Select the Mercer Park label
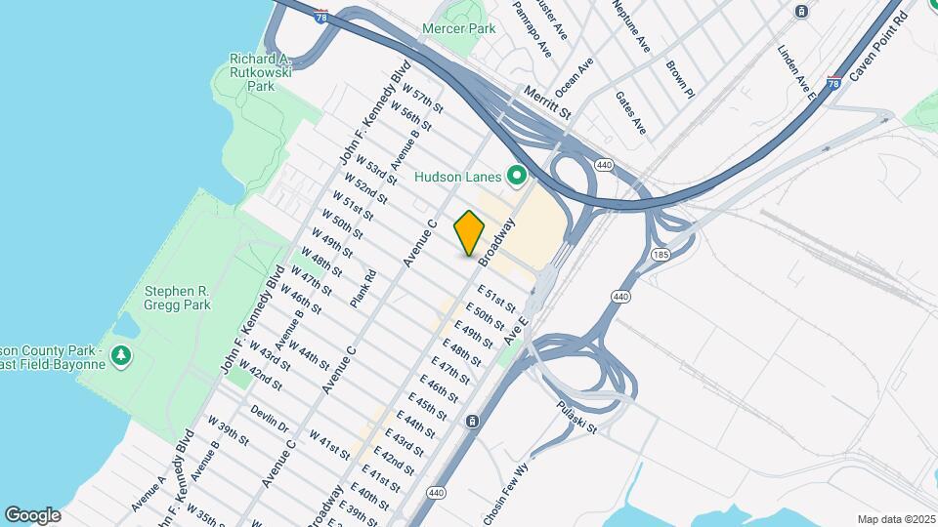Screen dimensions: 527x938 click(458, 29)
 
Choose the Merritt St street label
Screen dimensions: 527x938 click(545, 101)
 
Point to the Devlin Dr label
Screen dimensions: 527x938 click(269, 420)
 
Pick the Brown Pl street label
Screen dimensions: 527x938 click(680, 80)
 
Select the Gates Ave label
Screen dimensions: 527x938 click(631, 112)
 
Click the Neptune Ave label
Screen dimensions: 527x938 click(631, 25)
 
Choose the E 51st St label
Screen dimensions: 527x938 click(496, 300)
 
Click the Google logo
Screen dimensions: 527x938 click(32, 515)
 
